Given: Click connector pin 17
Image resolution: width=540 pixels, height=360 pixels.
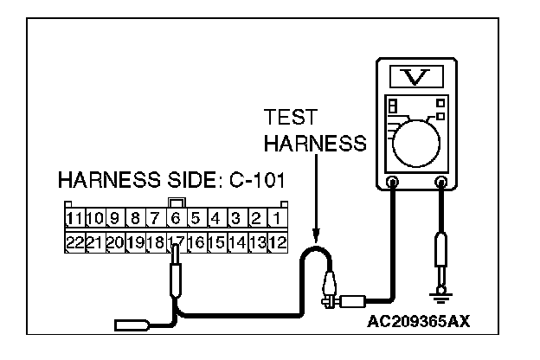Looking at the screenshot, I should pyautogui.click(x=177, y=240).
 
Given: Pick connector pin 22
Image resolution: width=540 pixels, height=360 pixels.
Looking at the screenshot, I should pyautogui.click(x=74, y=240).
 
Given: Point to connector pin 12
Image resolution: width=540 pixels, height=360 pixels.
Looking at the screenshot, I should pyautogui.click(x=277, y=240).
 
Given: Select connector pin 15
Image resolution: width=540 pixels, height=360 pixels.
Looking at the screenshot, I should pyautogui.click(x=217, y=240).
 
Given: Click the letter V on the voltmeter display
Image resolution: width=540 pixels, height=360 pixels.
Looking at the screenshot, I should pyautogui.click(x=418, y=77).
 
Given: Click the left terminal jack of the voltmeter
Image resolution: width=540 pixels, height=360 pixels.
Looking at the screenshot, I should pyautogui.click(x=393, y=183).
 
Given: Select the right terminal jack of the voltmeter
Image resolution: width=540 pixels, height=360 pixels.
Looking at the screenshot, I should pyautogui.click(x=443, y=183).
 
